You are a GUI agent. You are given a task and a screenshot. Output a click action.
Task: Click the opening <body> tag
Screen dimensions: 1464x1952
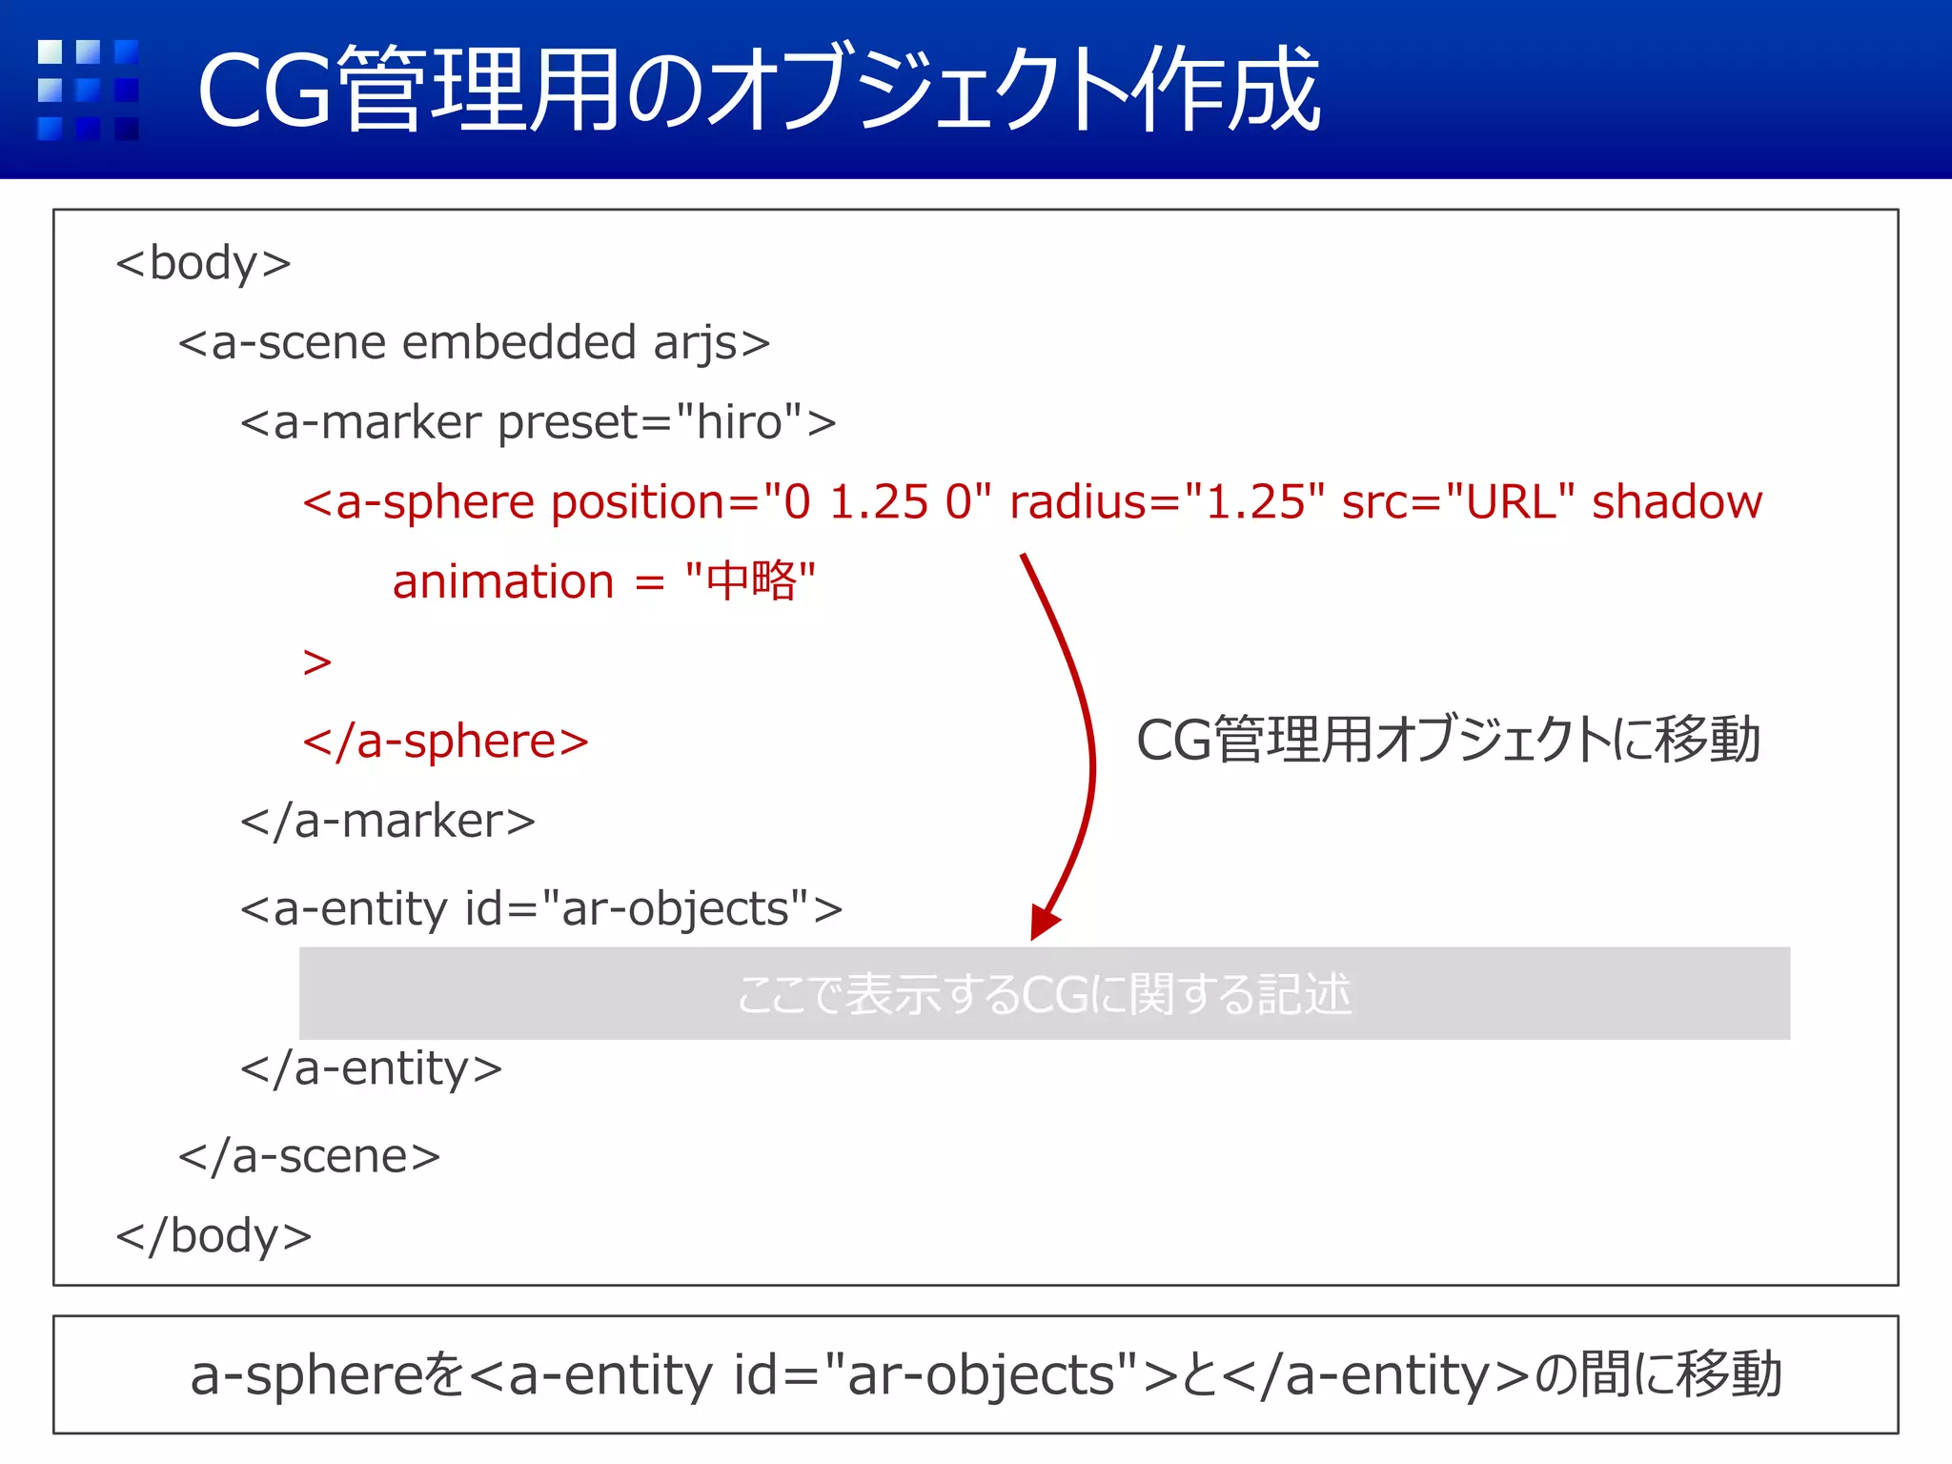click(x=203, y=263)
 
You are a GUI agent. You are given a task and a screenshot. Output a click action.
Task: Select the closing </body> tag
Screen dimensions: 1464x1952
click(x=213, y=1236)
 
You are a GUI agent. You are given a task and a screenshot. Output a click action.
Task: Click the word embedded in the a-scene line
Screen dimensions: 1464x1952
click(x=518, y=343)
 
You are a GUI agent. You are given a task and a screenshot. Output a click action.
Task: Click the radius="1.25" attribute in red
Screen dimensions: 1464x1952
click(x=1167, y=502)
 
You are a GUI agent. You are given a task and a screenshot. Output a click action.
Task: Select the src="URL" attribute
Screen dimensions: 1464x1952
click(x=1457, y=502)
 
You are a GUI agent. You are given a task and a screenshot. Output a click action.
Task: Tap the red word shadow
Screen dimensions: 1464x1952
click(x=1677, y=502)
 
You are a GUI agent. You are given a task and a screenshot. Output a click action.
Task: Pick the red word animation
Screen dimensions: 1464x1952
click(x=503, y=582)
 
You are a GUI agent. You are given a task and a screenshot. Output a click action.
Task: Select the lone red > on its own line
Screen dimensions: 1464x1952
click(x=317, y=661)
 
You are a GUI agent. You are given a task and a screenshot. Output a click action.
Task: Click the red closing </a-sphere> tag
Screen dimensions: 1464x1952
click(x=445, y=742)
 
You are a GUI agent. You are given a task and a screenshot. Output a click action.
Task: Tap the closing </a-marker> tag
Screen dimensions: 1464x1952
click(x=387, y=822)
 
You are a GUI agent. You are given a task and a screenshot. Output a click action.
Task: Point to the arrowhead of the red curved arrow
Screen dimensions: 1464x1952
click(x=1044, y=924)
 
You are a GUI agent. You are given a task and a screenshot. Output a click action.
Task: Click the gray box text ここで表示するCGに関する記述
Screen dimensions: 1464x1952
click(x=1044, y=994)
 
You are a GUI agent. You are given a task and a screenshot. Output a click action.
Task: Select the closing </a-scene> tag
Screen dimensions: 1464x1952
click(x=309, y=1157)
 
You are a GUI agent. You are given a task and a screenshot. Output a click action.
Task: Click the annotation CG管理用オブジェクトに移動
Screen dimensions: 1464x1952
click(x=1448, y=740)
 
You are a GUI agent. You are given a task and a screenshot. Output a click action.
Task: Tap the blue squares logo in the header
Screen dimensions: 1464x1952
click(x=88, y=90)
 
